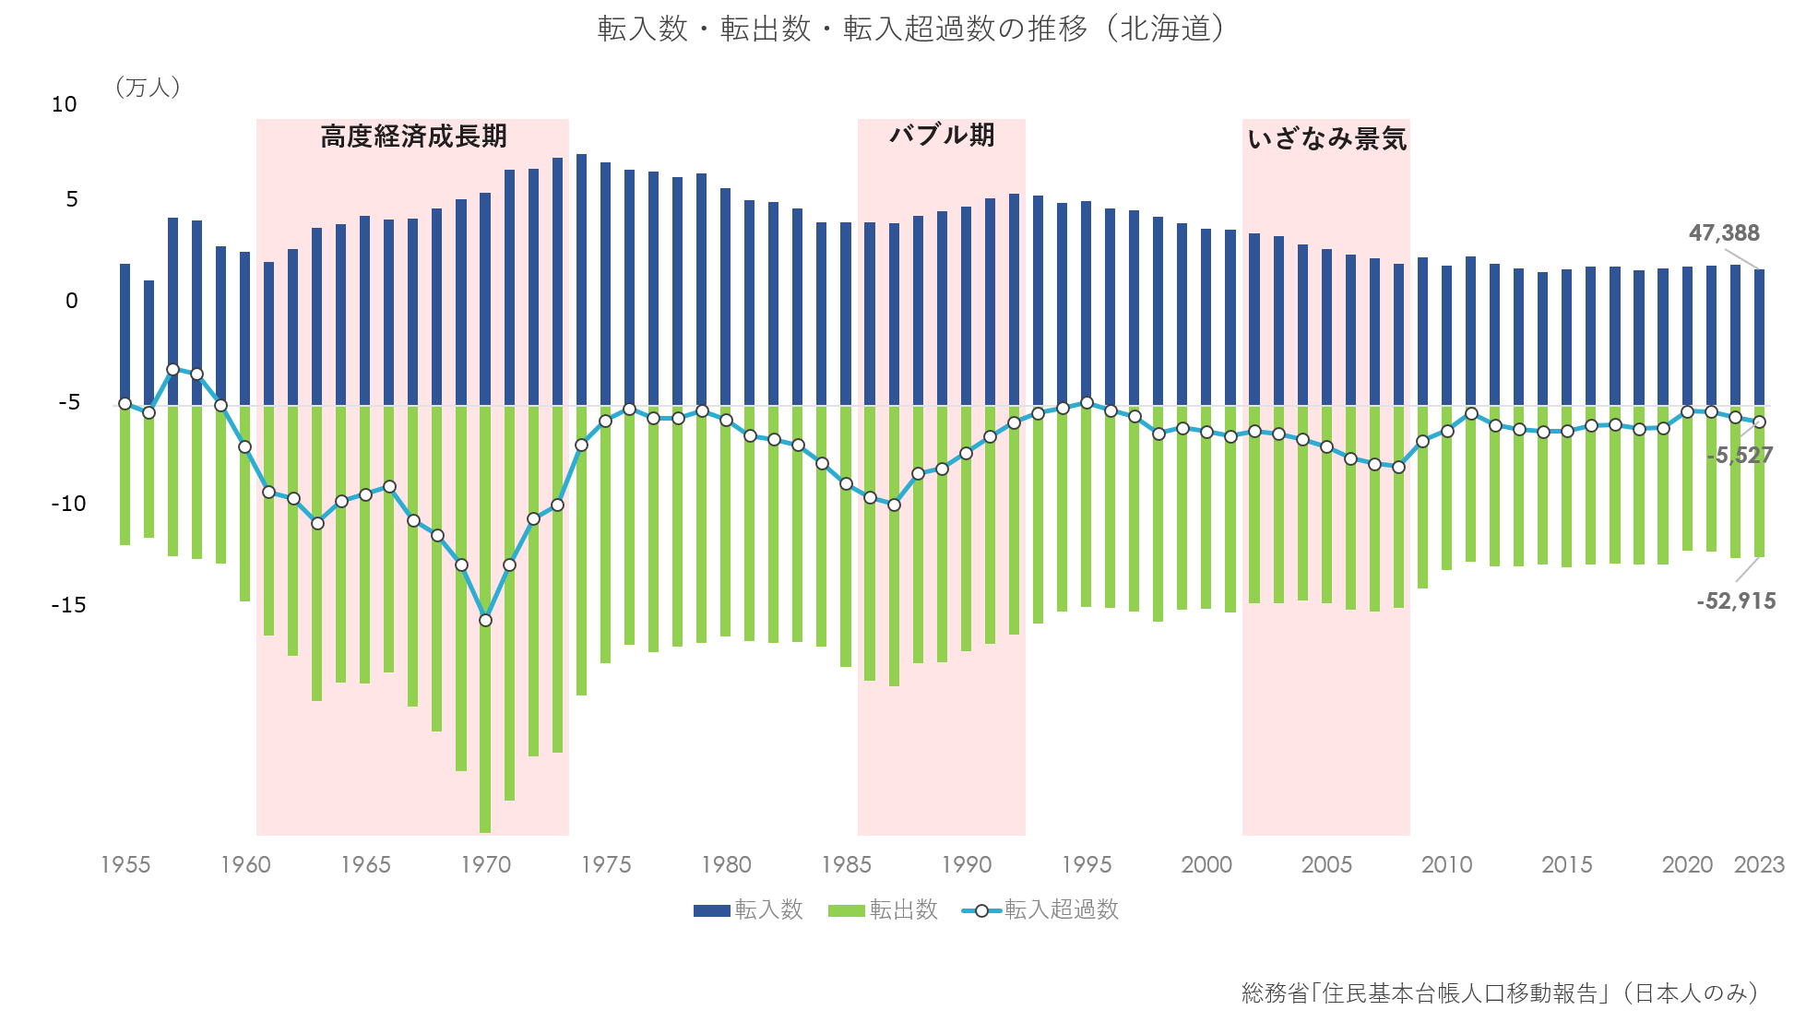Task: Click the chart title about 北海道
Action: [x=921, y=30]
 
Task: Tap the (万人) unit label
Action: [x=148, y=88]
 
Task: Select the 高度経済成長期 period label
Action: [x=413, y=137]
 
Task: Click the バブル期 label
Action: [x=942, y=136]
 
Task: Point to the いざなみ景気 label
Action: [x=1326, y=139]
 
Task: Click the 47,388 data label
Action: [x=1723, y=233]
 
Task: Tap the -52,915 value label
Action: [x=1735, y=601]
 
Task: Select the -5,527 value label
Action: [x=1739, y=455]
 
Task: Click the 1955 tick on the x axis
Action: [x=125, y=865]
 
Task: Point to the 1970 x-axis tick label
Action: [x=485, y=865]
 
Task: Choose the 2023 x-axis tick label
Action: [x=1758, y=865]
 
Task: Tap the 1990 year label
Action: [x=966, y=865]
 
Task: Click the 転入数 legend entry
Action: [x=748, y=910]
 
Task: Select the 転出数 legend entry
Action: [x=883, y=910]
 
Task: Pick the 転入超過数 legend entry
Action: [x=1040, y=910]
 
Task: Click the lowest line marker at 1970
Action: [x=485, y=620]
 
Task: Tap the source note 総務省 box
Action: [x=1507, y=993]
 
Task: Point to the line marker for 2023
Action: [x=1759, y=422]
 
